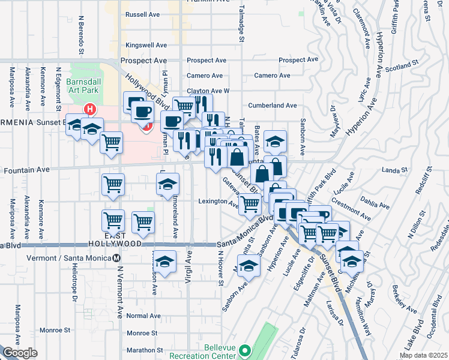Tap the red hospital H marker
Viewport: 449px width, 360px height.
[89, 109]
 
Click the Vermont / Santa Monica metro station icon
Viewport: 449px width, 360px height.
[116, 258]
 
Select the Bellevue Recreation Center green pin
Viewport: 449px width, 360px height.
[244, 350]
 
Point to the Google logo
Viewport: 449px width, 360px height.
[20, 353]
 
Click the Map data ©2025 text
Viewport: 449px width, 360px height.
[424, 356]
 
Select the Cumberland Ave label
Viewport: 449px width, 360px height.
[276, 105]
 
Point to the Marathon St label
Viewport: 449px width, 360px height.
[143, 350]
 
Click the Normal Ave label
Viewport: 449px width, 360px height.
[144, 316]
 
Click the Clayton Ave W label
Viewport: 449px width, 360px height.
[208, 91]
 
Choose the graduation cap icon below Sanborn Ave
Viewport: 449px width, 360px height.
[248, 265]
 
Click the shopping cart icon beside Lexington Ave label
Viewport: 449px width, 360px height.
[250, 204]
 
